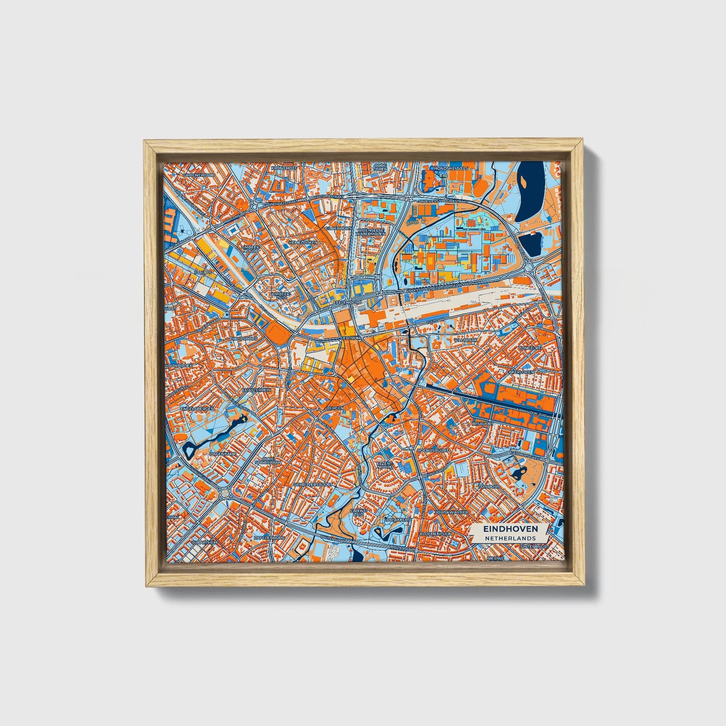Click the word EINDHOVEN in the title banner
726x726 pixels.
510,529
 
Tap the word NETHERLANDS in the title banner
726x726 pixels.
510,538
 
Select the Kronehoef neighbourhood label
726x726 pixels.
285,168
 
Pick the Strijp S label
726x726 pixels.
203,272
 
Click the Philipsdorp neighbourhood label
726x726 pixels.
243,339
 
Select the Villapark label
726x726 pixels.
465,340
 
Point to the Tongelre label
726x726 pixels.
530,347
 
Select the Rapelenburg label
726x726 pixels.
269,537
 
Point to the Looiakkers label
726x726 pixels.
397,519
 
